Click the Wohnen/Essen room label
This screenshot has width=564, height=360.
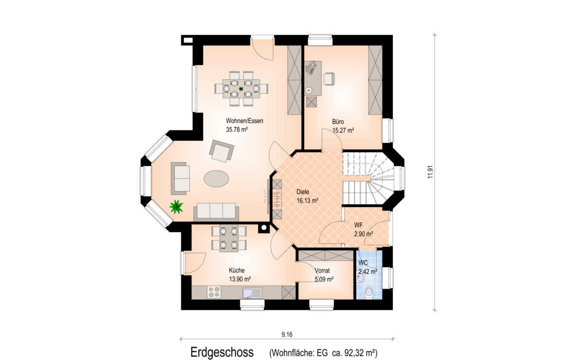[244, 120]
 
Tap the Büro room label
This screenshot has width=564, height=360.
[338, 122]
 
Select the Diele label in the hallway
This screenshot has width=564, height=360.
[303, 192]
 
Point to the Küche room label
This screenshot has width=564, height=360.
[237, 270]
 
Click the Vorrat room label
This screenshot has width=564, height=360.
[322, 271]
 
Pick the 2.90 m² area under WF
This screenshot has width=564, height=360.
[363, 234]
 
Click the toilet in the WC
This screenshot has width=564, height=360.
[369, 293]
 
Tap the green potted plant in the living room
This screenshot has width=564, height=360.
[176, 206]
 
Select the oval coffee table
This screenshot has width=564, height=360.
[216, 178]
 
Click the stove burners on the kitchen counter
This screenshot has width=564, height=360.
[213, 292]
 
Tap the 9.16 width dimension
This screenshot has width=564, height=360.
[287, 334]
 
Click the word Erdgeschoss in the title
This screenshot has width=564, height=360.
[222, 352]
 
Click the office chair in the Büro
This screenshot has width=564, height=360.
[329, 78]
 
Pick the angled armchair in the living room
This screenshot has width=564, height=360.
[222, 151]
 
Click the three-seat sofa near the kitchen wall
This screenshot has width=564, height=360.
[216, 212]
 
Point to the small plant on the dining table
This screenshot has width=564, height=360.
[241, 88]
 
